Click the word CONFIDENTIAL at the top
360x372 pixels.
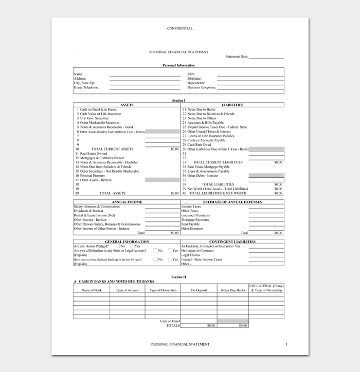click(x=179, y=28)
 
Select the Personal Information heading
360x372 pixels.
click(x=178, y=65)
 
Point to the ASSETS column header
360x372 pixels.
click(x=127, y=105)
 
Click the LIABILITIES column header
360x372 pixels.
click(x=232, y=105)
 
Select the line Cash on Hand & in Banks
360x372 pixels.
click(x=97, y=109)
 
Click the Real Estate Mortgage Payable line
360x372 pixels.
click(x=208, y=166)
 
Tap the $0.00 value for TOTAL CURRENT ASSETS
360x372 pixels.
click(x=174, y=149)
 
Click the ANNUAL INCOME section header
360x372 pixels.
click(x=127, y=201)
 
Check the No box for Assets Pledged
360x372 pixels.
click(x=118, y=246)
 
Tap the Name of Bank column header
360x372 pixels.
click(x=92, y=290)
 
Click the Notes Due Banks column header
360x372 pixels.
click(x=232, y=290)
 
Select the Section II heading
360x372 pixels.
click(x=178, y=276)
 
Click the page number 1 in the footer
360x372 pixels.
click(x=286, y=344)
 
